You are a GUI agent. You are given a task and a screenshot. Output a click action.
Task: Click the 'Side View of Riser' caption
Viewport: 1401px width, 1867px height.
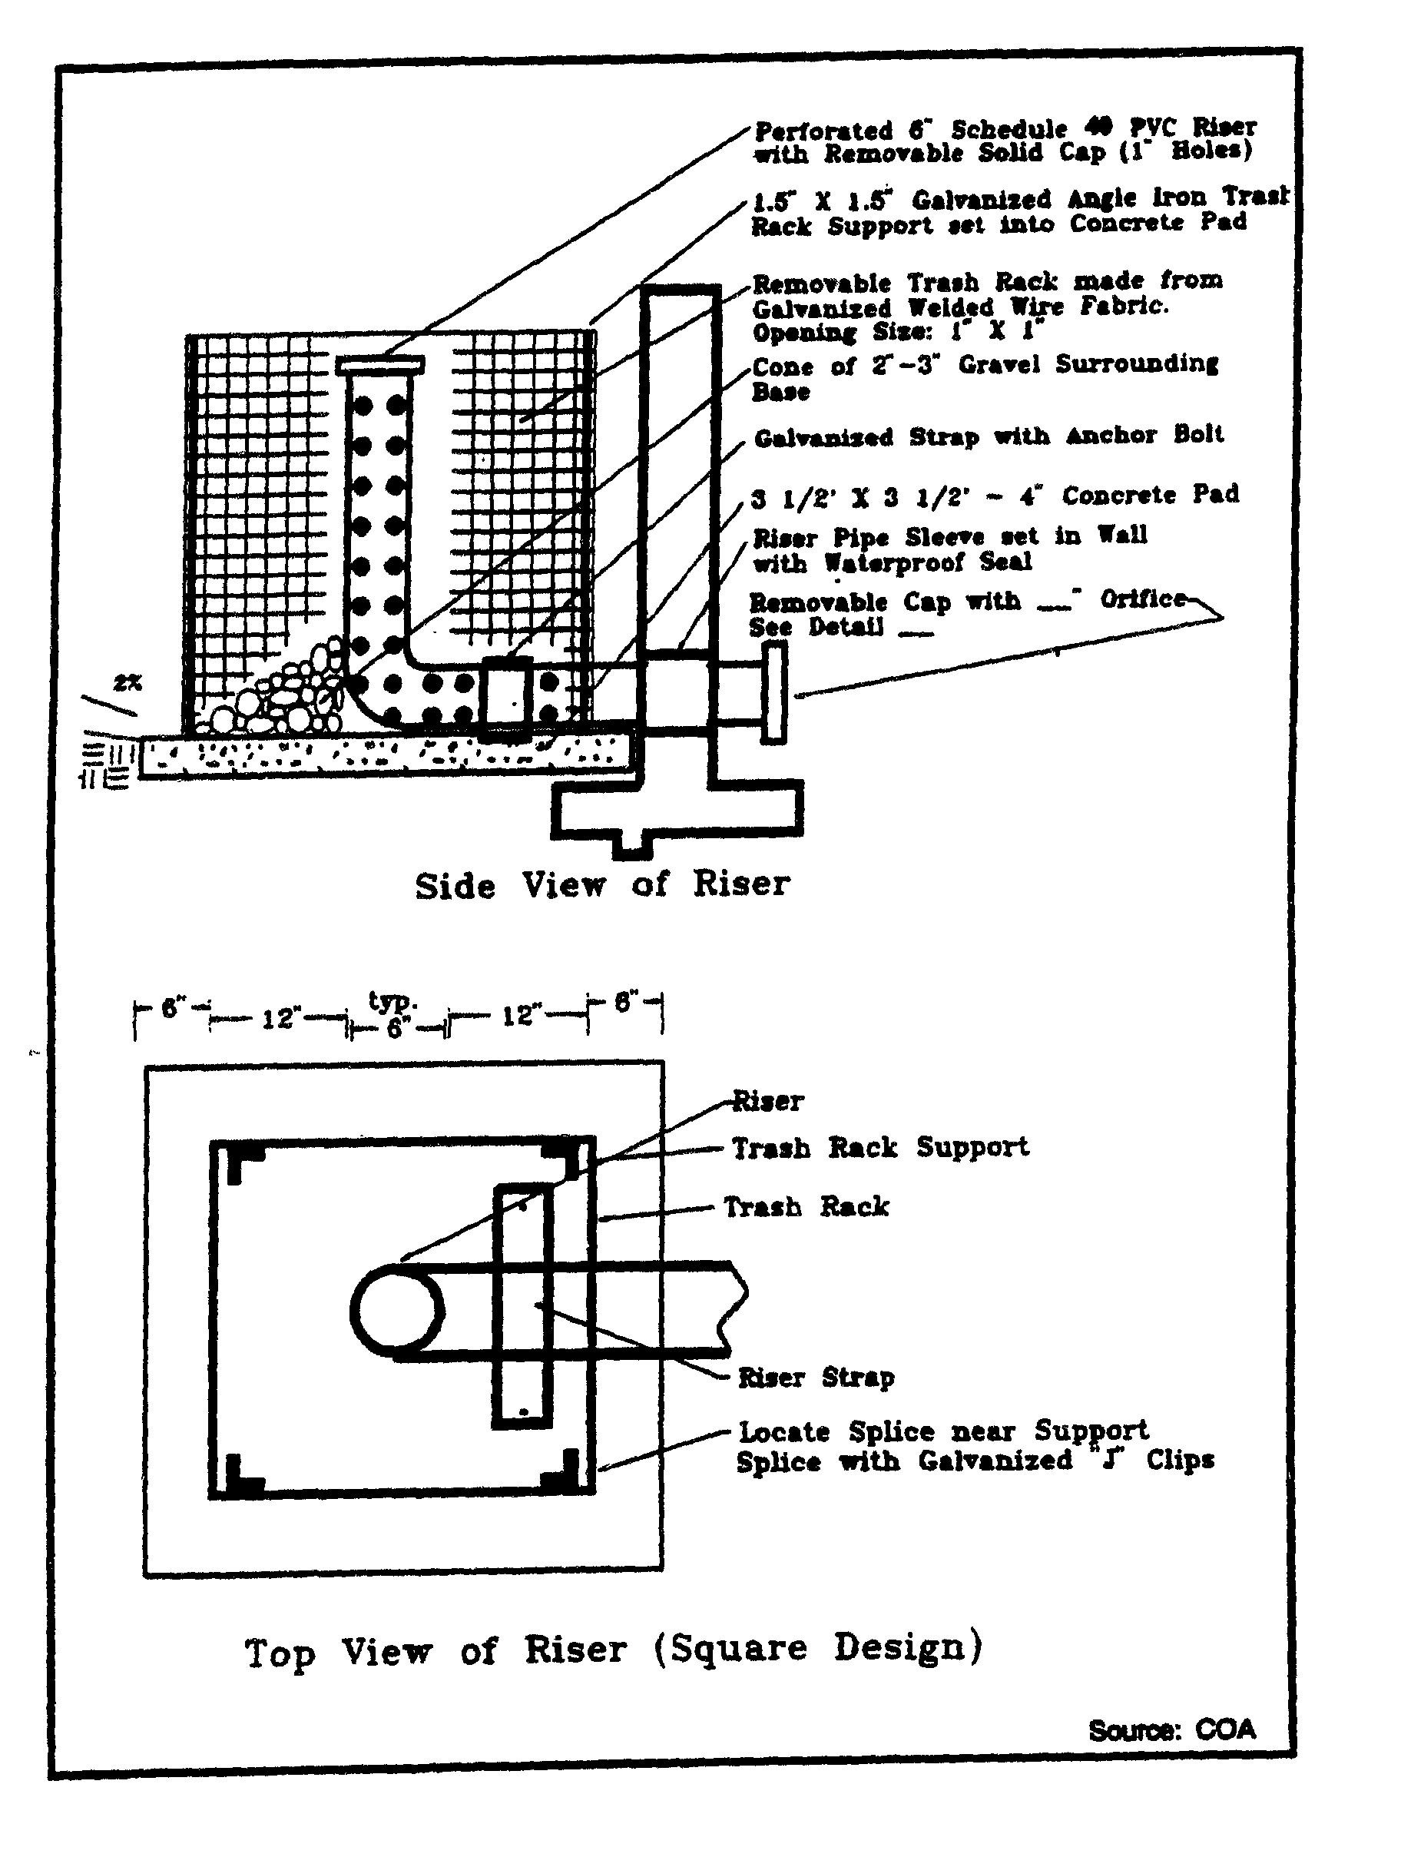601,884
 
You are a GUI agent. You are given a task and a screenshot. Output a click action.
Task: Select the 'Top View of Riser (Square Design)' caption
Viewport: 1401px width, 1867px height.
614,1650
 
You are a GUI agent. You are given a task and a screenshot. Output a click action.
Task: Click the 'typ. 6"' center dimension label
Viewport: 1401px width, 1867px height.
394,1016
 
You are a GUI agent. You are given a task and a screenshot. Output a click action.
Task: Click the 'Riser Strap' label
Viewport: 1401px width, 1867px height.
815,1378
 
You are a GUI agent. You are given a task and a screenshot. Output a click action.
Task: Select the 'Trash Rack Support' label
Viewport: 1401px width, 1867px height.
879,1147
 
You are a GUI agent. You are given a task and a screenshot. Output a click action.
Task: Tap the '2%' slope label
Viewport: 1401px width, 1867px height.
128,684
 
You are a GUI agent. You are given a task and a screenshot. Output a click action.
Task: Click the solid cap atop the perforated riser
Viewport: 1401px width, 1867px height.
379,366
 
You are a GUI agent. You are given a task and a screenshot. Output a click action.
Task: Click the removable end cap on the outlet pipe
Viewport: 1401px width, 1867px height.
774,692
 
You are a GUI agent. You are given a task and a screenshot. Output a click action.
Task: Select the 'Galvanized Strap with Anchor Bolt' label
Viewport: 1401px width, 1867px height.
989,436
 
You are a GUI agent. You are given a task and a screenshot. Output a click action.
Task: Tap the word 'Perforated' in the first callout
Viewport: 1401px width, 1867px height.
823,131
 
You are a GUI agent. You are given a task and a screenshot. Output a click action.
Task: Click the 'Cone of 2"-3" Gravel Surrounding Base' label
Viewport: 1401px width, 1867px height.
984,376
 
